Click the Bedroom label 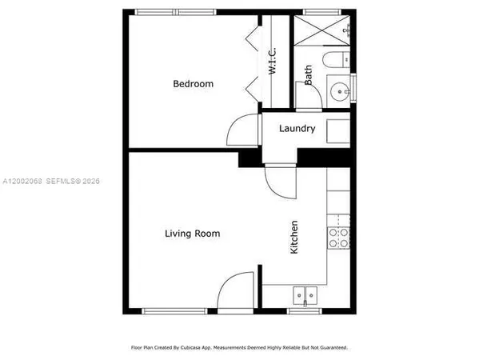point(194,84)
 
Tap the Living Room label point(192,234)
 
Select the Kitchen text point(294,238)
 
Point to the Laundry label point(297,128)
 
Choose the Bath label point(309,74)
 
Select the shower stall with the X point(321,31)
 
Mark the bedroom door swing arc point(241,130)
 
